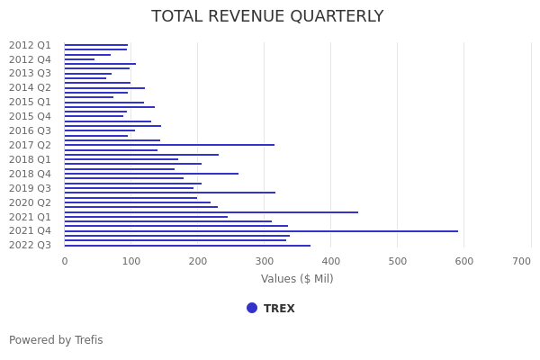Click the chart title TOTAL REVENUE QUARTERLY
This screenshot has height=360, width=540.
(x=267, y=17)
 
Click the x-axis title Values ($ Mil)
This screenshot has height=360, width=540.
(x=297, y=279)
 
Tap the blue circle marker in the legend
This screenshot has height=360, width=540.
(x=252, y=308)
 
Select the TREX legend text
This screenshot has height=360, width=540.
(x=279, y=309)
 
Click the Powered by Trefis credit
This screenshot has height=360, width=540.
(x=56, y=340)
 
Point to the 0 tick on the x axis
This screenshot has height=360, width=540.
(x=64, y=261)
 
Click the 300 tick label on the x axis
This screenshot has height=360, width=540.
(x=264, y=261)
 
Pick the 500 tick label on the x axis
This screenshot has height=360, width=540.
(x=397, y=261)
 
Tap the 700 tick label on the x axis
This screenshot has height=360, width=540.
(x=521, y=261)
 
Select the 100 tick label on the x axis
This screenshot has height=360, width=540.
(x=130, y=261)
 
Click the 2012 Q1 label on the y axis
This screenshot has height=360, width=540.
(x=30, y=45)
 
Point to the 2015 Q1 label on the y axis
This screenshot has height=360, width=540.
(x=30, y=102)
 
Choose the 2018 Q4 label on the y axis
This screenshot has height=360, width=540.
(x=30, y=174)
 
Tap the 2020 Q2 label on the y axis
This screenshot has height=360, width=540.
(x=30, y=202)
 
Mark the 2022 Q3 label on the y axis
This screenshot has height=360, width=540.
(x=30, y=245)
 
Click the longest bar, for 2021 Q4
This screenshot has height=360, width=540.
(x=261, y=231)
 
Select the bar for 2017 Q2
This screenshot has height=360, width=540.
(x=169, y=145)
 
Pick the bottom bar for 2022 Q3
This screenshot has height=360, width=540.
(x=187, y=246)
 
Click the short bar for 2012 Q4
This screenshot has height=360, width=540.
(x=79, y=59)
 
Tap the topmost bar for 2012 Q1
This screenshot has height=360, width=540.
(x=95, y=45)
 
